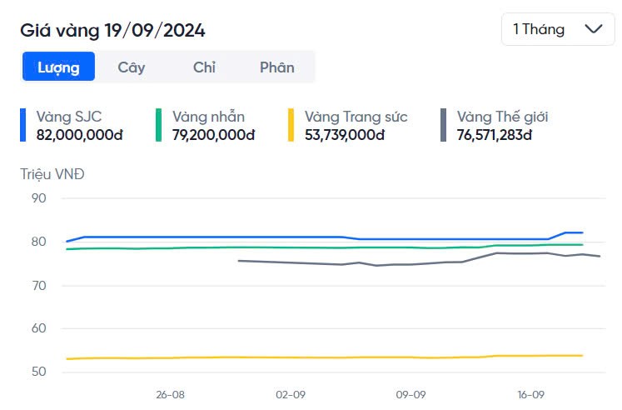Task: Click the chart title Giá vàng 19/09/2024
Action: coord(112,31)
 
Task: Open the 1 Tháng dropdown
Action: coord(557,29)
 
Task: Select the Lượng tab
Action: coord(58,67)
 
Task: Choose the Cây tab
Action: coord(131,67)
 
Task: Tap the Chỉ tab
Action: coord(204,67)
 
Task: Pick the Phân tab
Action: coord(276,67)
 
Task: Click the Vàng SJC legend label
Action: coord(69,117)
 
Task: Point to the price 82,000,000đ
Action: coord(79,134)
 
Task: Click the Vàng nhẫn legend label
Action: coord(208,117)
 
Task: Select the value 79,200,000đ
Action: coord(213,134)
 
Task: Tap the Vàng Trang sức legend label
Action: coord(356,117)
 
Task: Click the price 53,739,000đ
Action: coord(345,134)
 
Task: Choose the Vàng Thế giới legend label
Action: coord(502,117)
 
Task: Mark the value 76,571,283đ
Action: coord(495,134)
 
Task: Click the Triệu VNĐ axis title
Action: coord(52,174)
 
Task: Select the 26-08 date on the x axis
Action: coord(170,394)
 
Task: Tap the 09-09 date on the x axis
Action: coord(411,394)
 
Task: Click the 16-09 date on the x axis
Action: coord(531,394)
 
